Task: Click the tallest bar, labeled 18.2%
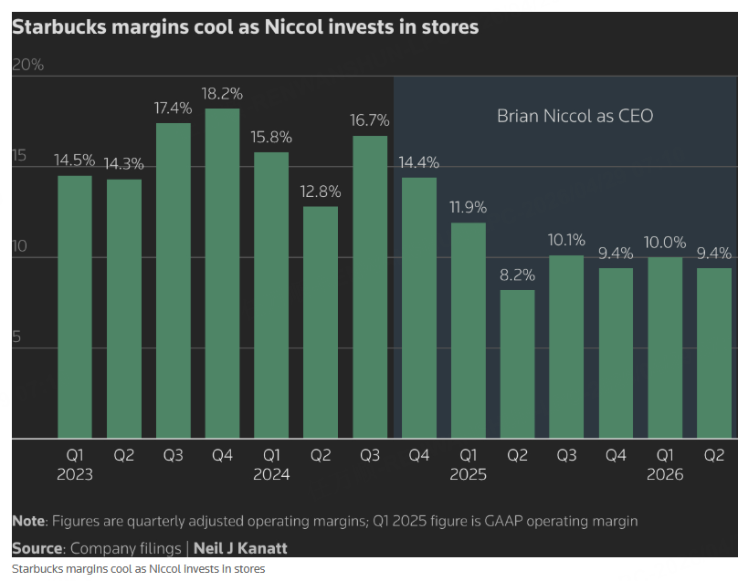[222, 274]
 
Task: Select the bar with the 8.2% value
[517, 364]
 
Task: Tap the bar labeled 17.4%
[173, 281]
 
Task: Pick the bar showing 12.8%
[321, 323]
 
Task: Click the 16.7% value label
[370, 120]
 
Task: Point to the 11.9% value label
[468, 207]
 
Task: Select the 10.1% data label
[566, 240]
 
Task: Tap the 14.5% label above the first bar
[75, 160]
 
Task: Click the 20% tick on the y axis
[27, 66]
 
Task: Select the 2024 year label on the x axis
[271, 474]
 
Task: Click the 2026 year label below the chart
[665, 474]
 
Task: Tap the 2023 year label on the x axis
[75, 474]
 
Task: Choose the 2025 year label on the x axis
[468, 474]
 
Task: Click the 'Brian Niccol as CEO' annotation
[575, 116]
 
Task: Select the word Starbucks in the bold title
[57, 27]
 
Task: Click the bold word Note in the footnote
[29, 521]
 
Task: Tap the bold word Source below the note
[37, 549]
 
